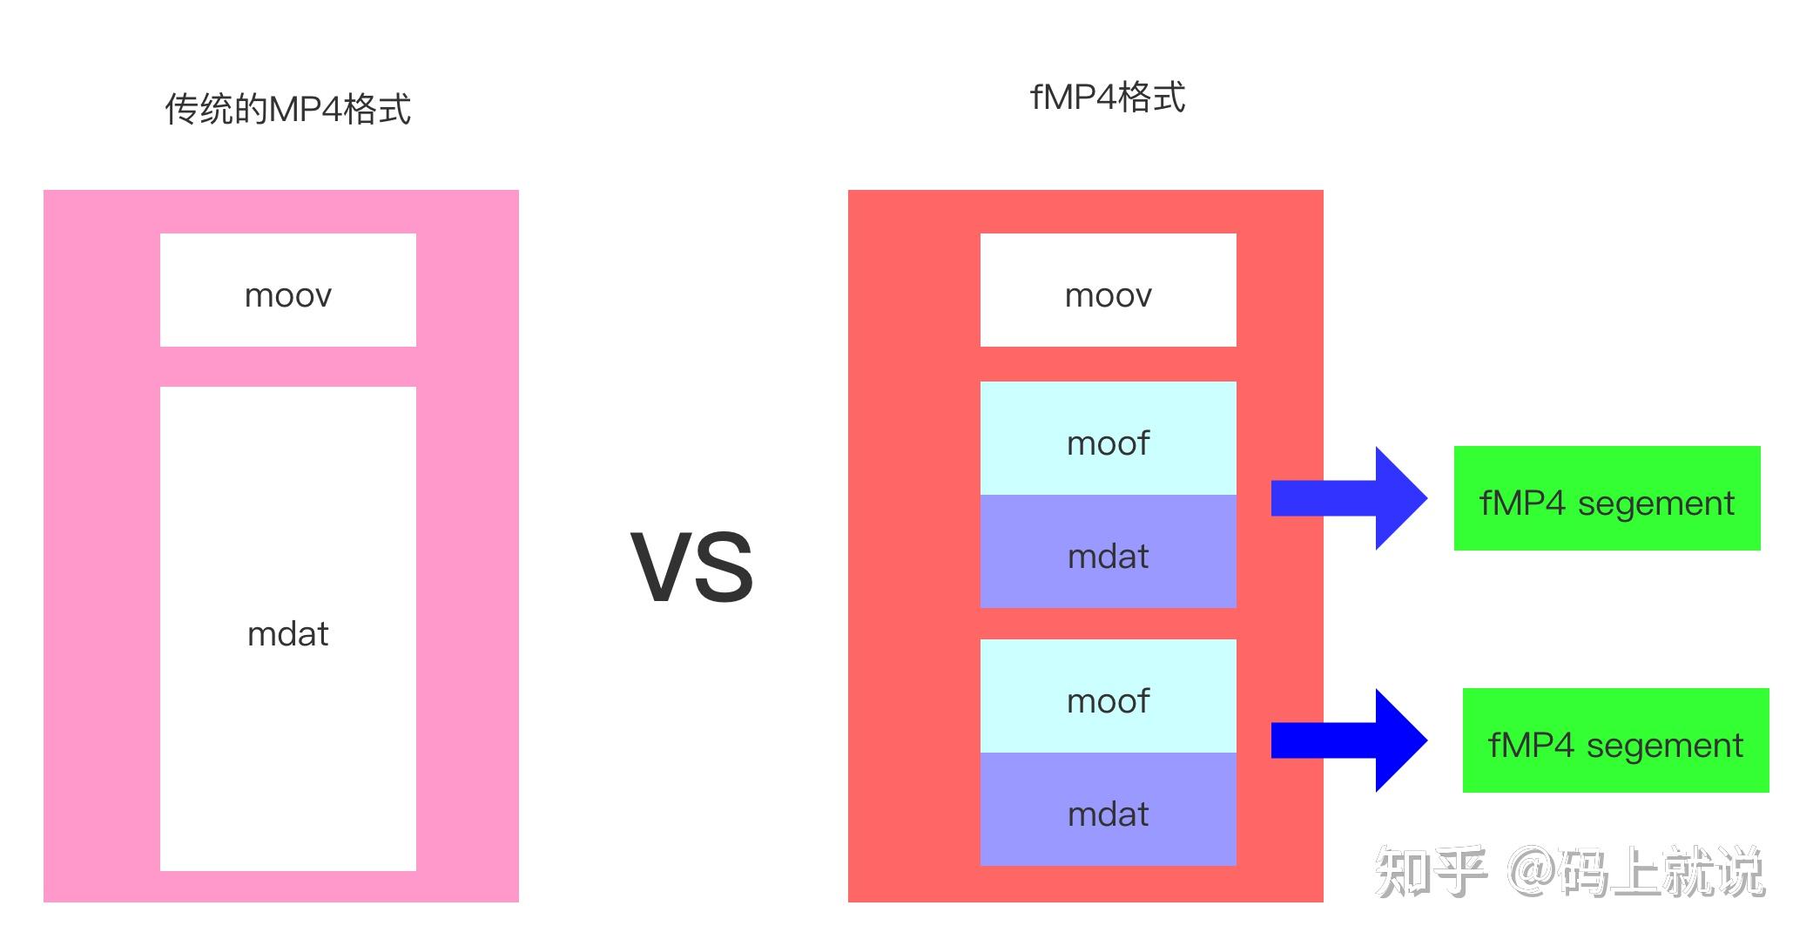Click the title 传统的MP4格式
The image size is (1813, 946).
coord(287,110)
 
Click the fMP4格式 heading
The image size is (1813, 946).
coord(1107,97)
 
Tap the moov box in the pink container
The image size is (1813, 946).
coord(287,290)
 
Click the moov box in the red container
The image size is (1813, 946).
coord(1108,290)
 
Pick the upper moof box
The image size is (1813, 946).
coord(1108,438)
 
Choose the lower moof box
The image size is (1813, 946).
coord(1108,696)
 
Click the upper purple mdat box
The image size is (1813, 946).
coord(1108,551)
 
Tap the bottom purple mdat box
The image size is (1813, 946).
coord(1108,809)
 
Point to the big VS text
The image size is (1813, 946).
coord(692,568)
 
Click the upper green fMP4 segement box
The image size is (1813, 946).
coord(1607,498)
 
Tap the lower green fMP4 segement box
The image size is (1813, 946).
coord(1615,740)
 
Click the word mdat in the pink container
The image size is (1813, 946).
coord(287,634)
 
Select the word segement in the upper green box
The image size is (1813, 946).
coord(1655,503)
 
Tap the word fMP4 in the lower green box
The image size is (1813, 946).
coord(1531,746)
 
